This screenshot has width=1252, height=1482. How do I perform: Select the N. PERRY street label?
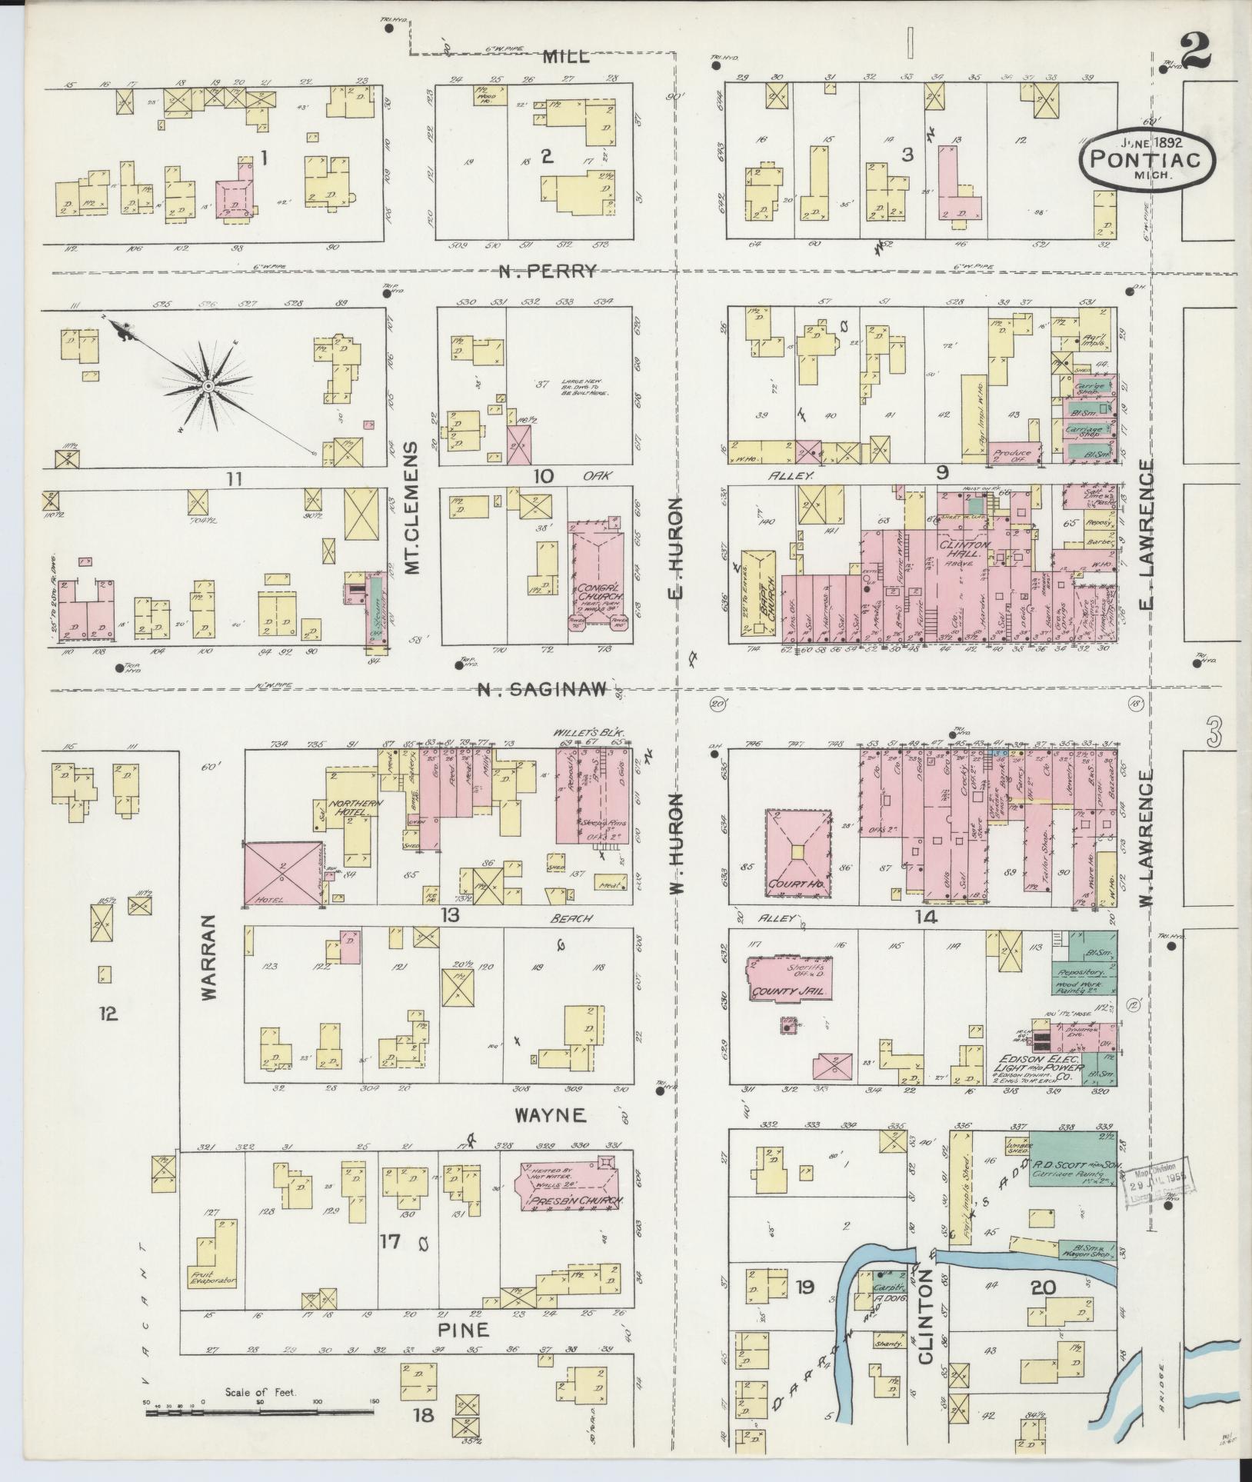click(547, 271)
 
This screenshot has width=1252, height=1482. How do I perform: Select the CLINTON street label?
click(926, 1316)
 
